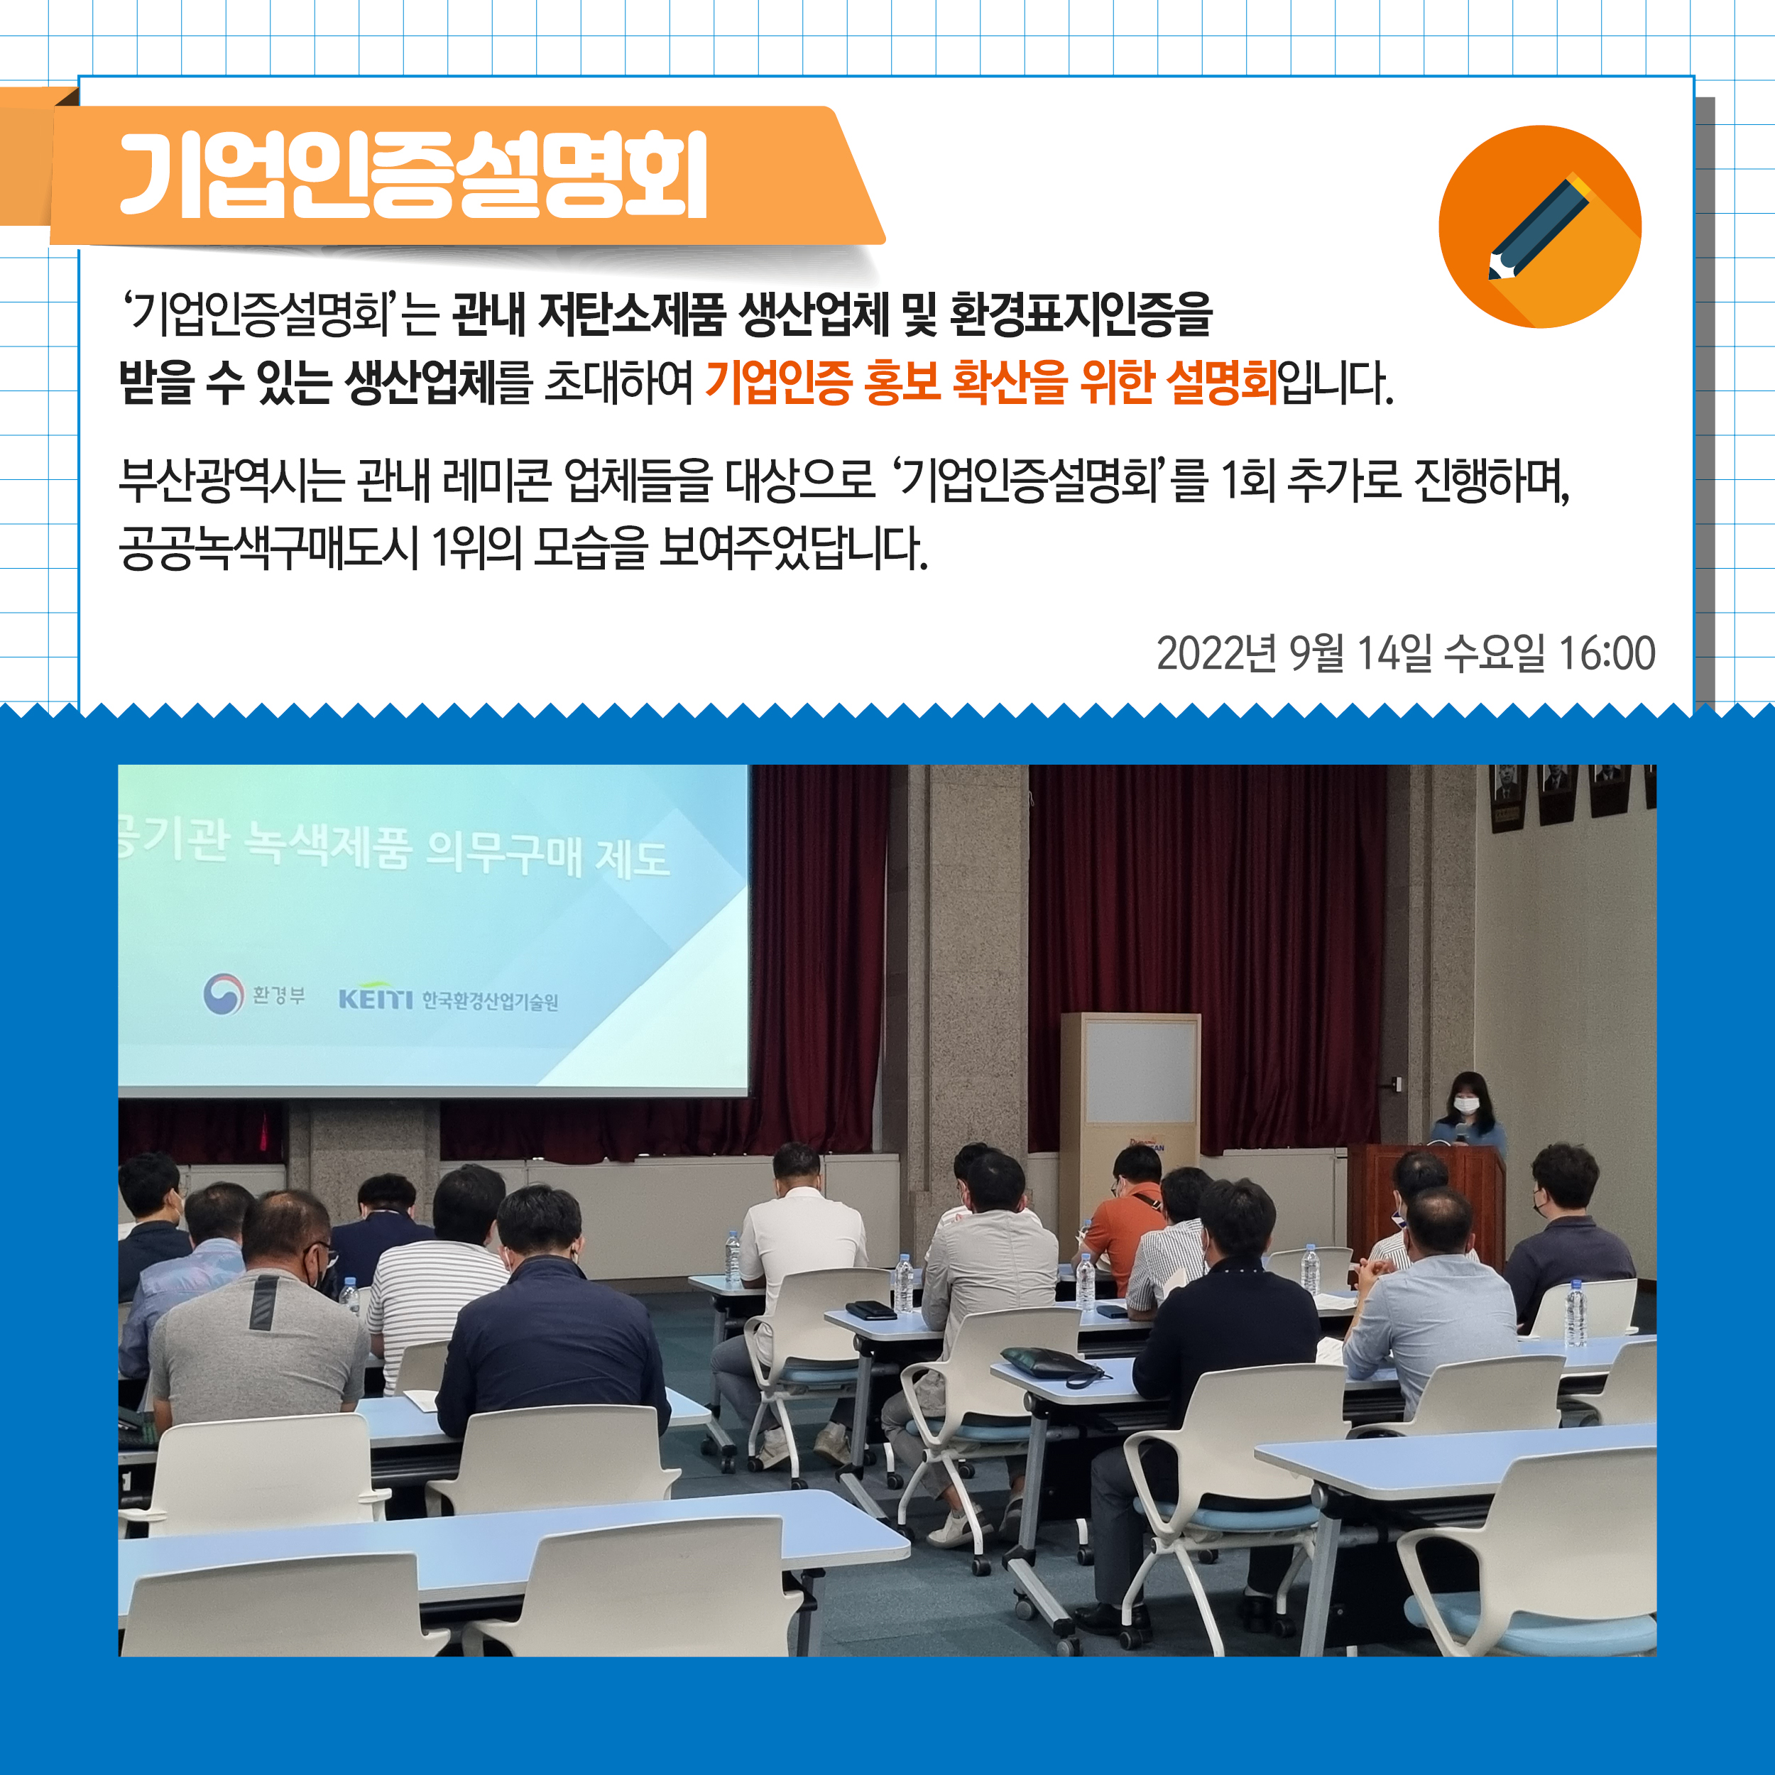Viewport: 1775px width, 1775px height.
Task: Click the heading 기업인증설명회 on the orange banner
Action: click(x=413, y=175)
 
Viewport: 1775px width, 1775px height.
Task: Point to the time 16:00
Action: click(x=1607, y=653)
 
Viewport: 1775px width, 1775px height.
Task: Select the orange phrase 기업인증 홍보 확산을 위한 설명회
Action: click(x=990, y=382)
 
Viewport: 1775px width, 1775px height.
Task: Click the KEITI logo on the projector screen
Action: click(x=448, y=997)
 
